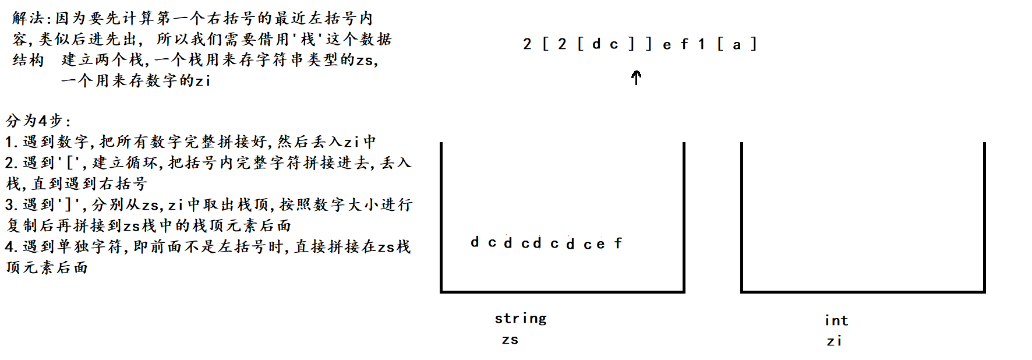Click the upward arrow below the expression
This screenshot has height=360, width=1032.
637,77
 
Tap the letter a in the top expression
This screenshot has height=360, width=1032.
737,45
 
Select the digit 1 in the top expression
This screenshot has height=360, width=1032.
702,44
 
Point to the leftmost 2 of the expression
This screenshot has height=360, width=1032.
527,44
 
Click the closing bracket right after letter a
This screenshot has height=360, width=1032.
754,44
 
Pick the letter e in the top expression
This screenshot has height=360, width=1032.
667,45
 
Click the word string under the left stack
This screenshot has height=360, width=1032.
521,319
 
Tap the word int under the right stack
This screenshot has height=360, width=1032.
836,320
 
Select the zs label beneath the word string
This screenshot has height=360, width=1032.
510,340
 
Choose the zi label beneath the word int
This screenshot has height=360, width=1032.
834,341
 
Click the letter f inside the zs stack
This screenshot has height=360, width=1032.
618,243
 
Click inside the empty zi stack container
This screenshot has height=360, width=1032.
863,221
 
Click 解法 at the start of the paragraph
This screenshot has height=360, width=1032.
27,18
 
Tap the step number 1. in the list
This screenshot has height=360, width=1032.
11,142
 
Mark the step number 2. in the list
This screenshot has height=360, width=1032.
11,163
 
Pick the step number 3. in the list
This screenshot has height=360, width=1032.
11,205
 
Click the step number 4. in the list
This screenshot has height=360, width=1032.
11,247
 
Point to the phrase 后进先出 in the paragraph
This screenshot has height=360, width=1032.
105,39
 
